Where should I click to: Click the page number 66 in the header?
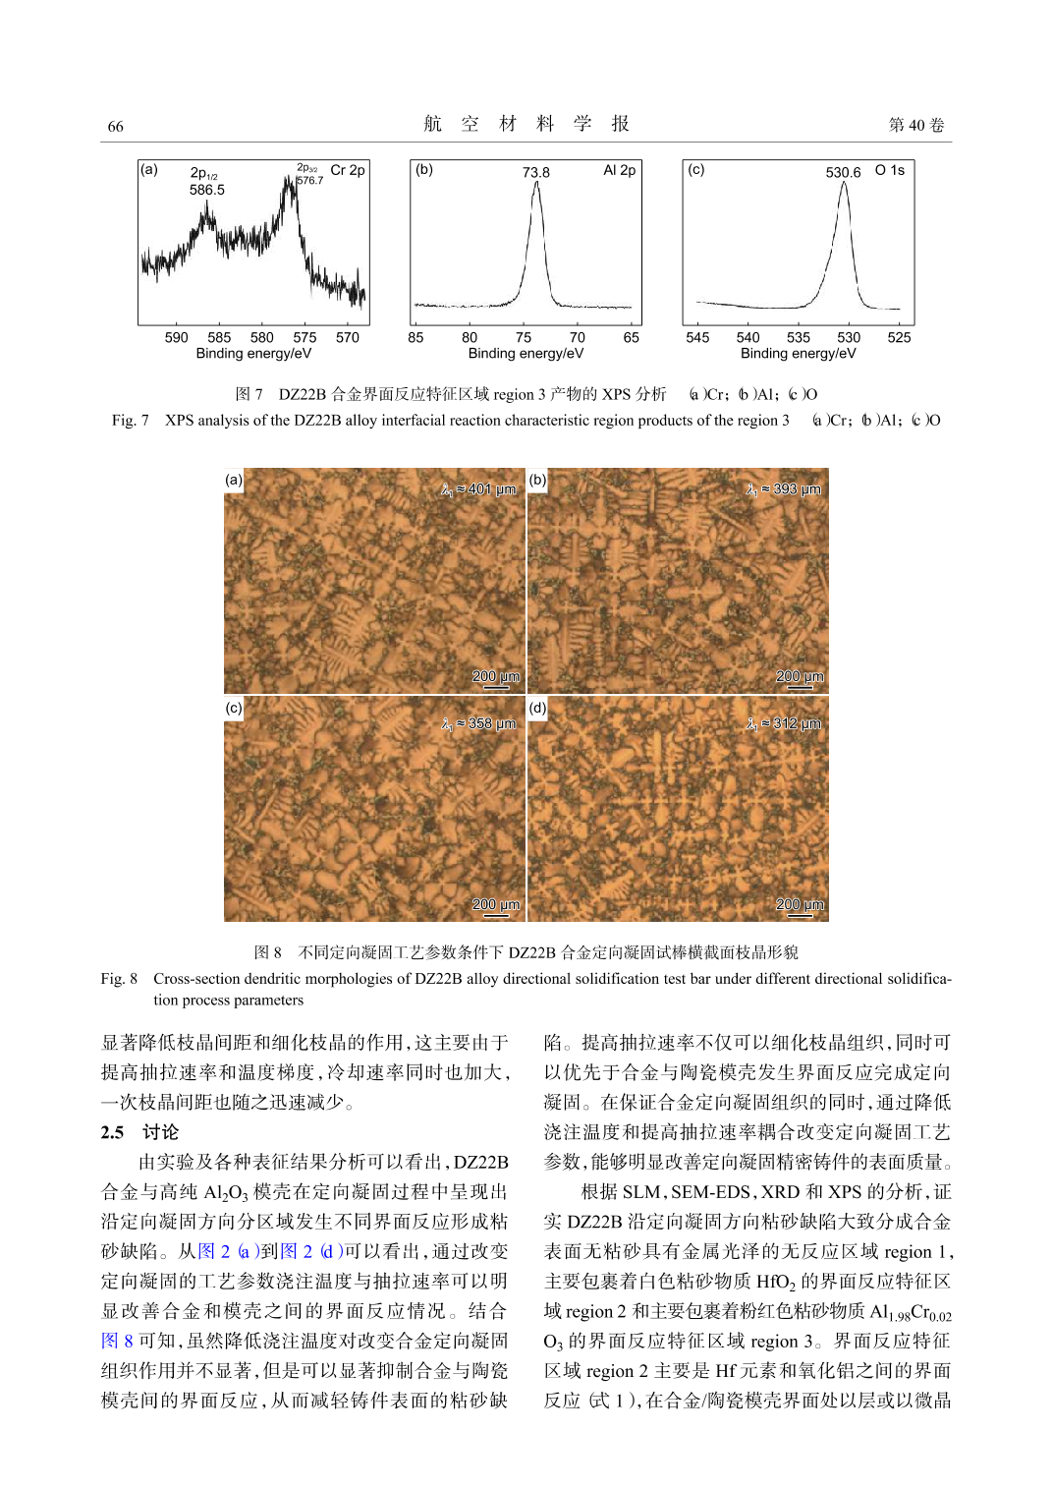click(115, 126)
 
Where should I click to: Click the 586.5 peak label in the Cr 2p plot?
click(206, 190)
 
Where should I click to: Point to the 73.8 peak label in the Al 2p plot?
click(535, 172)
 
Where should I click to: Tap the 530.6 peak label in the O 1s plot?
click(843, 172)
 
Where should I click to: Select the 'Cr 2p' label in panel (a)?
click(347, 170)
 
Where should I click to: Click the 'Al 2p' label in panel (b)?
click(619, 170)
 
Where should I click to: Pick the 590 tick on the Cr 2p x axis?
click(177, 337)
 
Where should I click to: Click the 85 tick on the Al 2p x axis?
click(416, 337)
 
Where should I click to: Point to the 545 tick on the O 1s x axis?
click(697, 337)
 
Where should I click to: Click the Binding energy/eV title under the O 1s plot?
click(798, 353)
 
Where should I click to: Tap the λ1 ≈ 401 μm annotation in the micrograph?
click(478, 489)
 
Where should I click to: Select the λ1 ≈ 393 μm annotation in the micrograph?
click(783, 489)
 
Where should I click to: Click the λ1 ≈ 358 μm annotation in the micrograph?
click(478, 723)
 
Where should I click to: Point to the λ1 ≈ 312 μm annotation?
click(783, 723)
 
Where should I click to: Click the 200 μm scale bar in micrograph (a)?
click(496, 678)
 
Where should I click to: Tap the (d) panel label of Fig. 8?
click(537, 708)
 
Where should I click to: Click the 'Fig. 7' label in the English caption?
click(130, 421)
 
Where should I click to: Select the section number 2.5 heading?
click(112, 1132)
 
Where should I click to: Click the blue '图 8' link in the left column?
click(117, 1341)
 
